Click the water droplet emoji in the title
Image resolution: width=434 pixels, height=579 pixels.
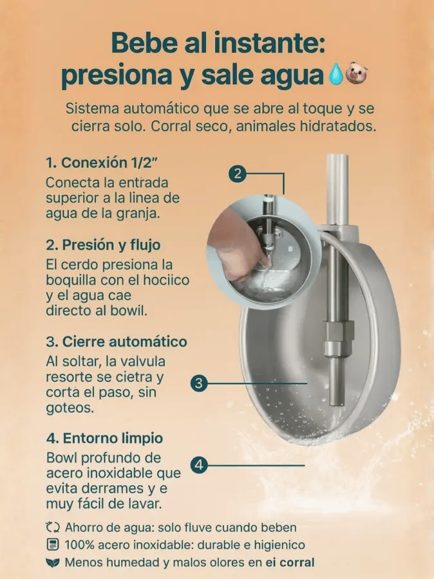point(335,75)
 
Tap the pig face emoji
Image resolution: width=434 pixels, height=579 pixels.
point(357,73)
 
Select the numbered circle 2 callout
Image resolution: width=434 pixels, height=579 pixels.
point(238,173)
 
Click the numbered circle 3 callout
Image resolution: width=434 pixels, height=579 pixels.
point(199,383)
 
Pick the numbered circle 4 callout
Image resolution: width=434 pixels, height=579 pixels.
point(199,465)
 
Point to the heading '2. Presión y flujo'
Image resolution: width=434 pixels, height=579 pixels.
point(103,245)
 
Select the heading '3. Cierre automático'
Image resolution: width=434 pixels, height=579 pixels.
point(117,342)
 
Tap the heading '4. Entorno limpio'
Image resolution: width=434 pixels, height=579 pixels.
point(104,438)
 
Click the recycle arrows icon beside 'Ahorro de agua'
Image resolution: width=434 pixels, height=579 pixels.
point(53,527)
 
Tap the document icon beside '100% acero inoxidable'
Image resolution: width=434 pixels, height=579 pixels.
point(53,544)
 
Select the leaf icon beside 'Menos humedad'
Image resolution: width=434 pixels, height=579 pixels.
point(53,562)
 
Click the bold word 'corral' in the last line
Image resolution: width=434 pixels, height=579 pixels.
point(297,562)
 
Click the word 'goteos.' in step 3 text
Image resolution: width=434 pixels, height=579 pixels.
point(70,408)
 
